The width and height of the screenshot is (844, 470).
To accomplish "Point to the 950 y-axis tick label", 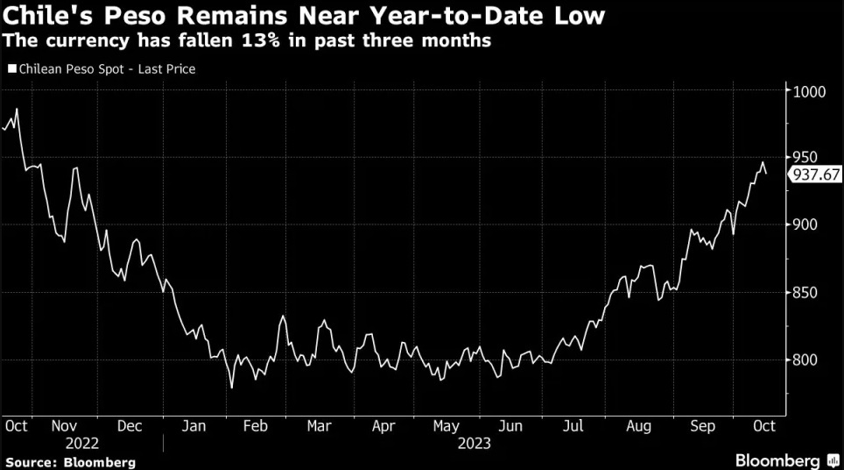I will tap(808, 158).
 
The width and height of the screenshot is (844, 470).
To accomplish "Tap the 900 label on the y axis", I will tap(808, 225).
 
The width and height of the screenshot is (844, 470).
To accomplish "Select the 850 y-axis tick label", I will tap(808, 293).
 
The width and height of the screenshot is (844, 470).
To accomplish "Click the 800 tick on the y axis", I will tap(808, 360).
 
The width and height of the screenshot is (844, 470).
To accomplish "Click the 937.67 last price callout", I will tap(816, 174).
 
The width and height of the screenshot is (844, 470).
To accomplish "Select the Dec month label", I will tap(129, 425).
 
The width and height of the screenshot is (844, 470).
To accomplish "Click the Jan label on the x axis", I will tap(193, 425).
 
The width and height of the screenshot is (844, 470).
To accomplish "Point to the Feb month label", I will tap(254, 425).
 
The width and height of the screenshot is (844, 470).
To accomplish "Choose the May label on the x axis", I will tap(446, 425).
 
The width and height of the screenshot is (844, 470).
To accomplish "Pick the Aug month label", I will tap(638, 425).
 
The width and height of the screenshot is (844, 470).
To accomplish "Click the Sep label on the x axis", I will tap(702, 425).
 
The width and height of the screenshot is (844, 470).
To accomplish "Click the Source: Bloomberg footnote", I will tap(70, 461).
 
